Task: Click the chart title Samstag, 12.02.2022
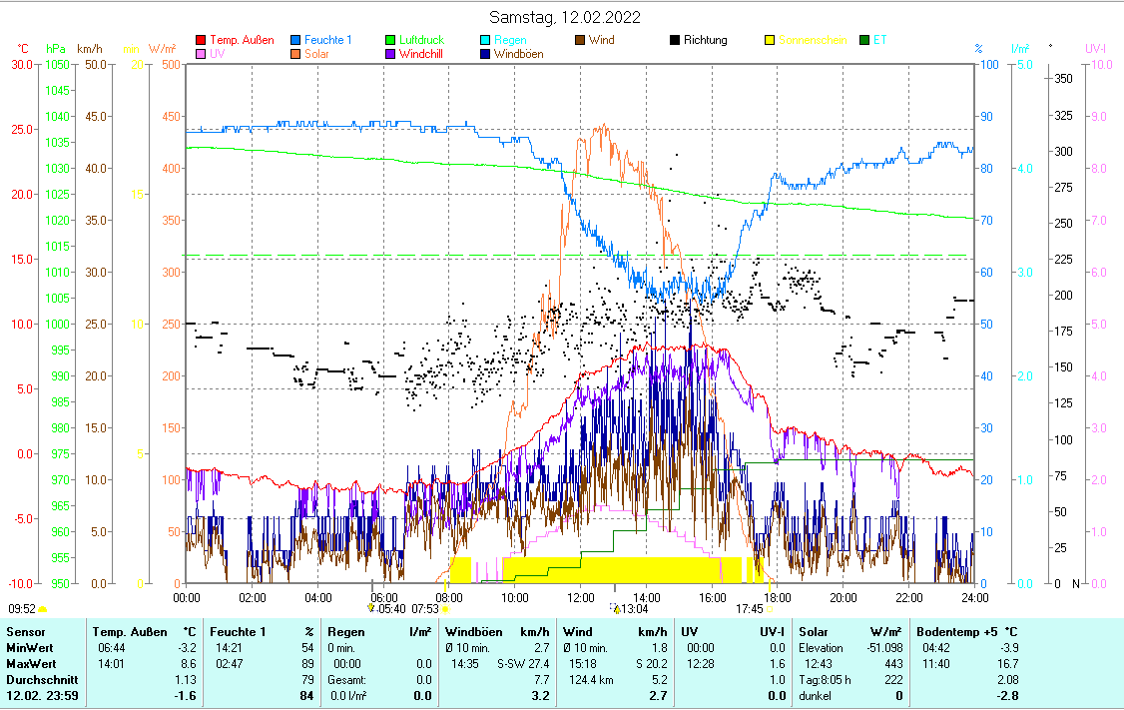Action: click(x=565, y=17)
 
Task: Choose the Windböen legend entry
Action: click(x=518, y=54)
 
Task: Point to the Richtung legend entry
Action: click(x=705, y=40)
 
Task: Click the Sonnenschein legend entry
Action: click(x=812, y=40)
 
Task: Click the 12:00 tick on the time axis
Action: click(x=580, y=597)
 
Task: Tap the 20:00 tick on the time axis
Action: click(x=843, y=597)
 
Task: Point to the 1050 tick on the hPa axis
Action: click(x=58, y=65)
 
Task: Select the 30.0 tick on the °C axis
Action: click(x=22, y=65)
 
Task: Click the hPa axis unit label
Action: click(x=56, y=48)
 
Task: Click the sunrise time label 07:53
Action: click(x=425, y=608)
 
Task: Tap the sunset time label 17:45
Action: click(x=750, y=608)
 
